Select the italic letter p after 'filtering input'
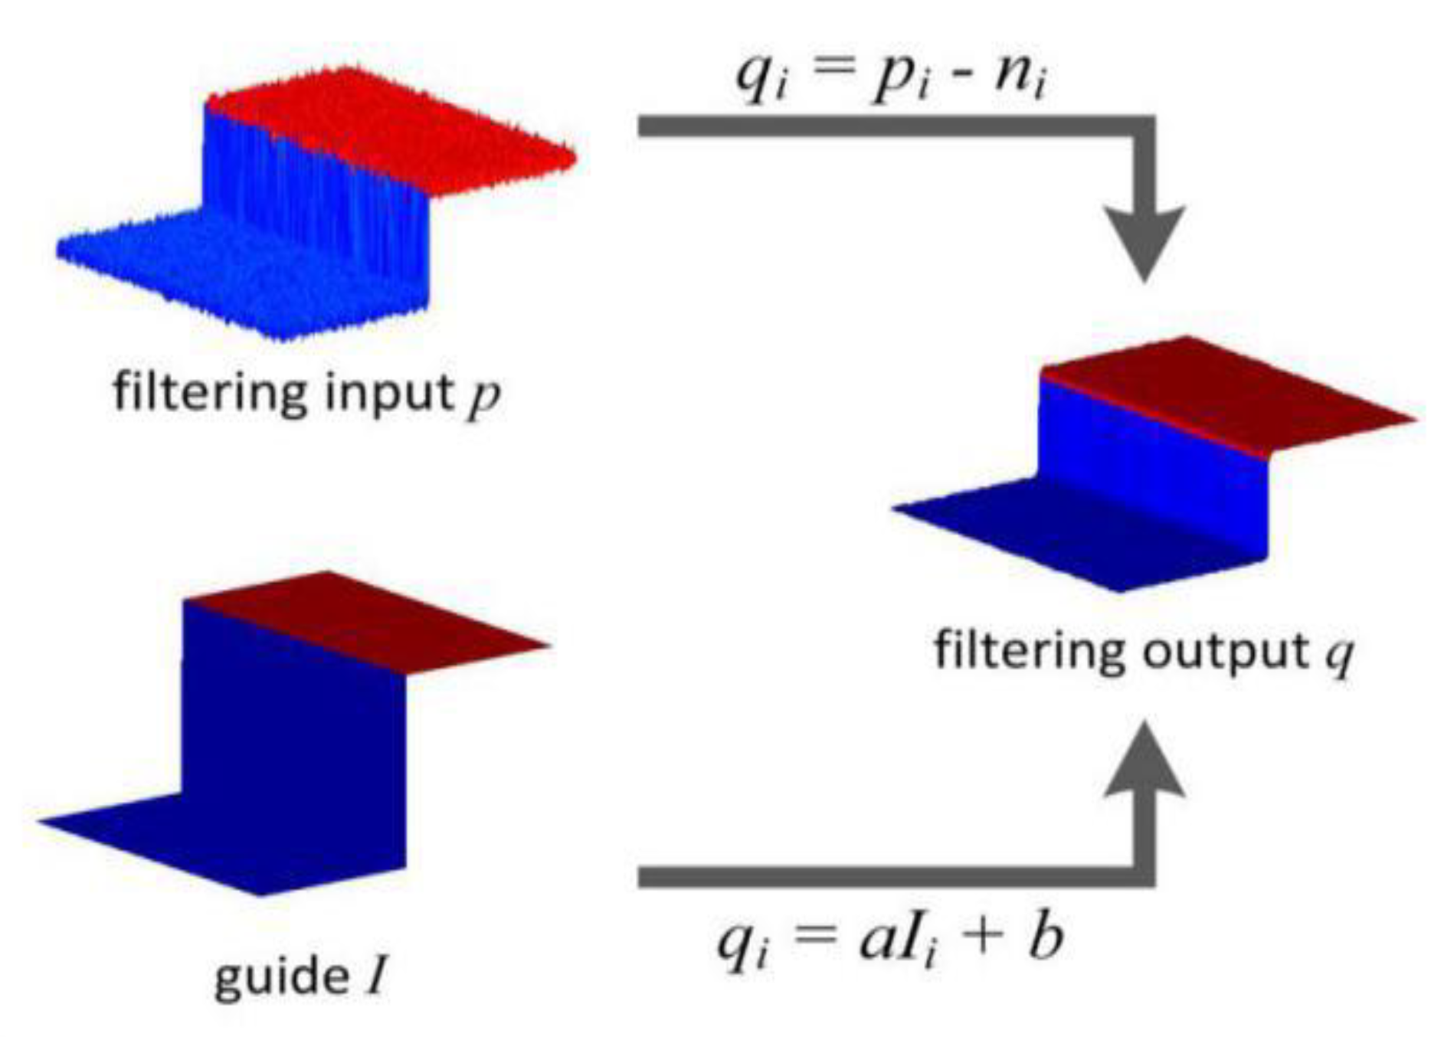pos(484,397)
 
